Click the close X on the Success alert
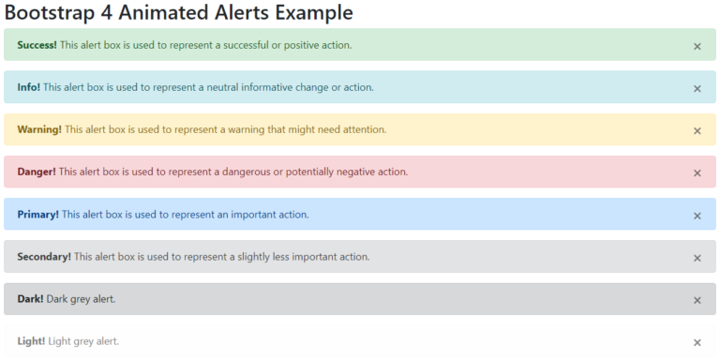697,46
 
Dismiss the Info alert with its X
697,88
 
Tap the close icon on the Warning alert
697,130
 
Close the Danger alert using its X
697,172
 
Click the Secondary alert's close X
697,258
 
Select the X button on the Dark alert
697,300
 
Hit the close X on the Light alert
697,342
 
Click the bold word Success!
37,45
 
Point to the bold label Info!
28,87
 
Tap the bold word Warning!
39,129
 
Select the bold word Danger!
37,172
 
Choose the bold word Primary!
37,215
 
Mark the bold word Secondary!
44,257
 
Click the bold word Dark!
30,299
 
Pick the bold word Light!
31,341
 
